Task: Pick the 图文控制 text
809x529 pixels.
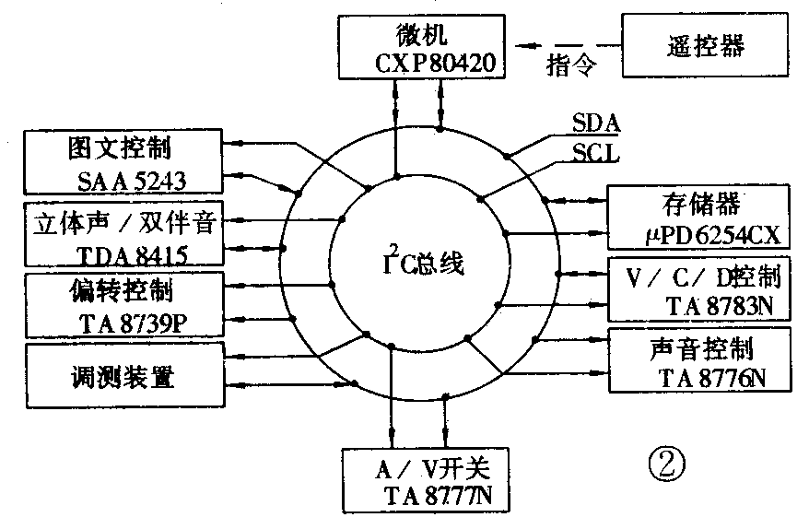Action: click(x=120, y=147)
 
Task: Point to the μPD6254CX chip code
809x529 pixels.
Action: click(x=701, y=236)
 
